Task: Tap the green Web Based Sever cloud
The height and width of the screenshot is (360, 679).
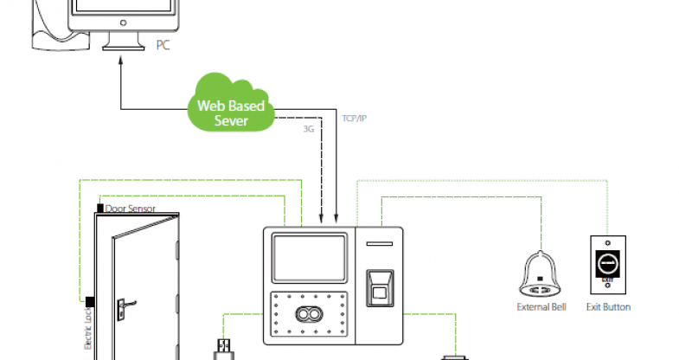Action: (x=230, y=111)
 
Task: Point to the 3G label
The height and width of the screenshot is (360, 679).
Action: (x=309, y=129)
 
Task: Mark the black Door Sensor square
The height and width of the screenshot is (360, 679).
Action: (x=99, y=208)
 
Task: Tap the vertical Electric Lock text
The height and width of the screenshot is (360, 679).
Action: (x=88, y=333)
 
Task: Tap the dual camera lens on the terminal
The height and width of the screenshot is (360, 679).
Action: (x=310, y=313)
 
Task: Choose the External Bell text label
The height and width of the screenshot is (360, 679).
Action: (x=541, y=307)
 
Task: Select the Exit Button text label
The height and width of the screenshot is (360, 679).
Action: (x=608, y=307)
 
